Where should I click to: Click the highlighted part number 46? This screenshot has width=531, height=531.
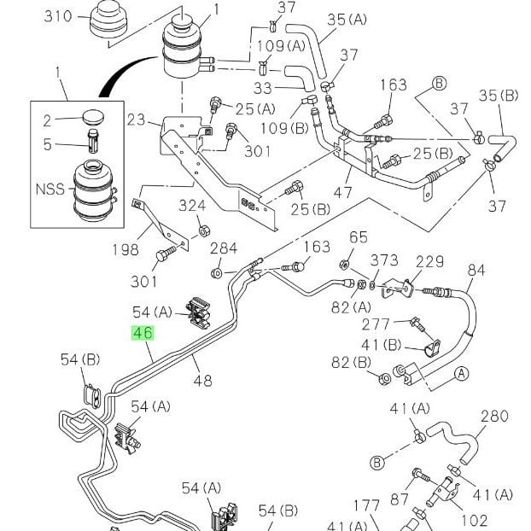coord(143,333)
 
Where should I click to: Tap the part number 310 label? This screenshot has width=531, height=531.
coord(58,16)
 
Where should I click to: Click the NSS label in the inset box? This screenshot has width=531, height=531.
coord(50,189)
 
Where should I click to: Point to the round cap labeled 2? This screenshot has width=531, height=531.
coord(93,116)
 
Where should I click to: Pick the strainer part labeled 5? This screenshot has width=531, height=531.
coord(93,141)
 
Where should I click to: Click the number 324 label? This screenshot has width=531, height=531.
coord(192,206)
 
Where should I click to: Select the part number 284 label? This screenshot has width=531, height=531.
coord(224,248)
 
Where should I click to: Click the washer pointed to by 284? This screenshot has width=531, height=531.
coord(216,273)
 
